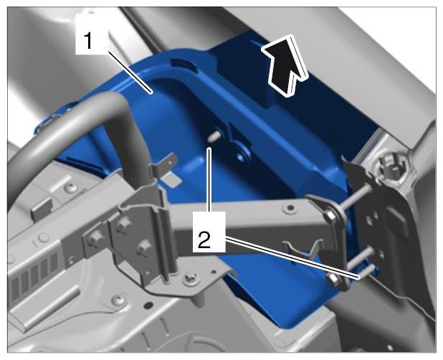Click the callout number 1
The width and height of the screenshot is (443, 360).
pos(88,41)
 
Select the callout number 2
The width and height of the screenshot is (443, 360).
pos(204,240)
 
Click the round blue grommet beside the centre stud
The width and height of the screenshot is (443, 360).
pos(240,155)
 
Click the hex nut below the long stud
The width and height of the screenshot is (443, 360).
pos(330,216)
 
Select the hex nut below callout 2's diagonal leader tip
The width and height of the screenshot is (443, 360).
pos(334,279)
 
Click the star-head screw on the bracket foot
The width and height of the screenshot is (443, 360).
pos(189,280)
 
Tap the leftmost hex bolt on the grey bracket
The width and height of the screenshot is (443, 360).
pos(95,238)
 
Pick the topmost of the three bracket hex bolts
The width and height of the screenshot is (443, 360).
pos(124,224)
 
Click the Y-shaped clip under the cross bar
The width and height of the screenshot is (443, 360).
pos(303,249)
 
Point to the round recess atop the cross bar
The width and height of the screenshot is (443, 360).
pos(289,209)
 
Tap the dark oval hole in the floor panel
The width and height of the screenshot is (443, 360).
pos(148,305)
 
